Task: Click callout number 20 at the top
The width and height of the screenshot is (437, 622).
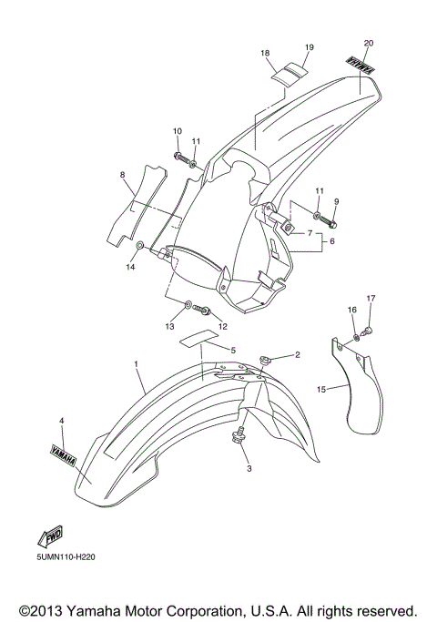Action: (368, 43)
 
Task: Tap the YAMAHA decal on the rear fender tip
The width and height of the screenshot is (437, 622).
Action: (361, 66)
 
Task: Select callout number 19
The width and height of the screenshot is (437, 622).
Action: (309, 46)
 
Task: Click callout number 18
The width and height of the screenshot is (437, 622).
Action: (266, 54)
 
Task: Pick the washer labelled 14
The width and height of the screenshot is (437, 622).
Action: (137, 247)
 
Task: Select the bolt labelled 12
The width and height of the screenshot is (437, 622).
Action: (204, 311)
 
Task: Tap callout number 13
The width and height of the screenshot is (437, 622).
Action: (168, 326)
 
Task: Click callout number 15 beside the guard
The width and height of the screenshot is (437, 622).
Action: (320, 389)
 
